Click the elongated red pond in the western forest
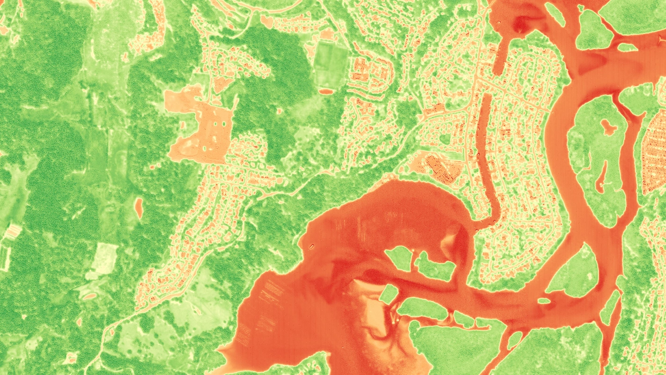click(x=139, y=207)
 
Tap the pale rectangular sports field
click(x=332, y=64)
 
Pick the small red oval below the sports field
click(x=327, y=91)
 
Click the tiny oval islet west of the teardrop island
click(x=544, y=300)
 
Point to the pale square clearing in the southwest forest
click(x=104, y=258)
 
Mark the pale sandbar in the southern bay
click(x=370, y=309)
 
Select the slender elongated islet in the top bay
click(x=555, y=14)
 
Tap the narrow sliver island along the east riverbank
click(x=611, y=307)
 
